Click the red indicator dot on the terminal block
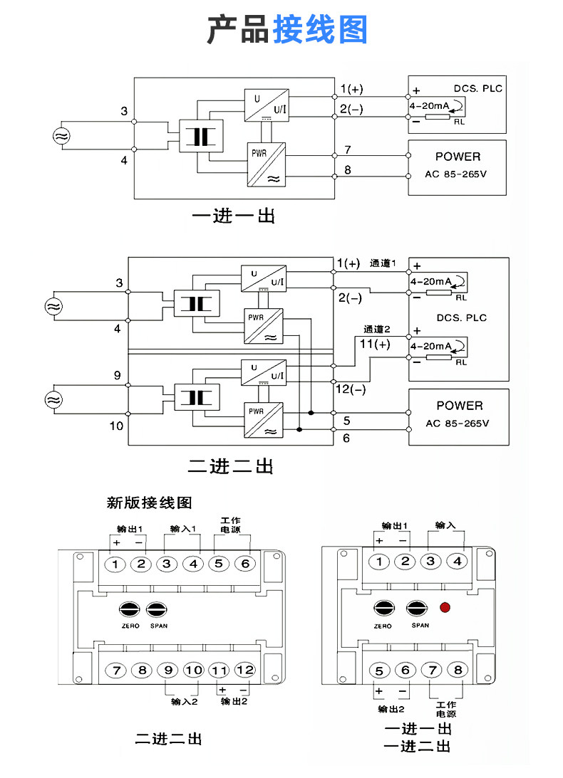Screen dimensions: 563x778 445,607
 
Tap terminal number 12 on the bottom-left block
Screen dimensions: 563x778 244,671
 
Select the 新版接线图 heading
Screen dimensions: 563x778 149,503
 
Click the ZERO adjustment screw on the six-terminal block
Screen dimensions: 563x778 130,609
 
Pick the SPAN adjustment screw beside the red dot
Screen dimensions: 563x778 417,609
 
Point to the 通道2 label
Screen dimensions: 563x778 377,329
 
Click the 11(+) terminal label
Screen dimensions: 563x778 375,344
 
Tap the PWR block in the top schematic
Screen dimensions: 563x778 267,164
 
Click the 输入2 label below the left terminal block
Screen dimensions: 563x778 185,702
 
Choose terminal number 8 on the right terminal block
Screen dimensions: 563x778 458,671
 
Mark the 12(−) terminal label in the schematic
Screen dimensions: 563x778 351,389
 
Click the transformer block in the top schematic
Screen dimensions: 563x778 201,136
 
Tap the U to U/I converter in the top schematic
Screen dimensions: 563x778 267,105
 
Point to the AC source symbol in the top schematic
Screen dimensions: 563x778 61,135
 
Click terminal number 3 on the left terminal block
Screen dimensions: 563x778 167,564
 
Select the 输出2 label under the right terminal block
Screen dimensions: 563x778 391,709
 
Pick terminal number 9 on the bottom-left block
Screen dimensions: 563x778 168,671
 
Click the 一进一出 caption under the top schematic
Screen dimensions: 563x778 234,216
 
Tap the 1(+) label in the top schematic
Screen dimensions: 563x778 352,89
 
